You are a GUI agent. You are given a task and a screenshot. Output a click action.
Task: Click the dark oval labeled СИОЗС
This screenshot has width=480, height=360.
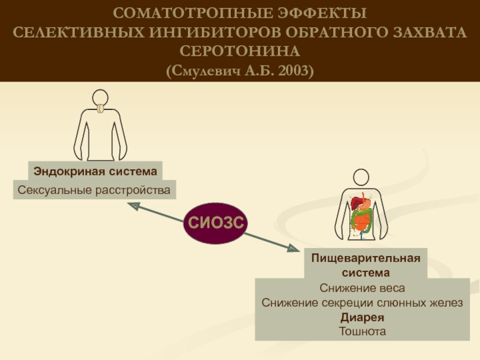pyautogui.click(x=215, y=223)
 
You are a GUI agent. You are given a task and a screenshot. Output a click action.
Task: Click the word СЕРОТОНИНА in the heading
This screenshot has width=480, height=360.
pyautogui.click(x=239, y=51)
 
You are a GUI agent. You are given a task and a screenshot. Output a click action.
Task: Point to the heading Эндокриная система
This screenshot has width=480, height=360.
pyautogui.click(x=95, y=171)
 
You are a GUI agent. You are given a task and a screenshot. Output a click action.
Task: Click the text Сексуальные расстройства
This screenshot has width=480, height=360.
pyautogui.click(x=94, y=190)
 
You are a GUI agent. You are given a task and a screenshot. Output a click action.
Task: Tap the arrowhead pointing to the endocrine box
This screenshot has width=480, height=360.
pyautogui.click(x=134, y=206)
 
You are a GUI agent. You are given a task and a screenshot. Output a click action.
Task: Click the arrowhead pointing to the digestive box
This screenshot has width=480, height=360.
pyautogui.click(x=293, y=248)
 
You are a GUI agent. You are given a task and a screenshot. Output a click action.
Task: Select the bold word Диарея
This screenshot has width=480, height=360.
pyautogui.click(x=362, y=317)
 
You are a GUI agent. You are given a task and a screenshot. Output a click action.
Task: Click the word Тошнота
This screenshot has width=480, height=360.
pyautogui.click(x=362, y=331)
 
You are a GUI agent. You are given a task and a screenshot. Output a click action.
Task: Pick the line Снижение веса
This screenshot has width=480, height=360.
pyautogui.click(x=362, y=288)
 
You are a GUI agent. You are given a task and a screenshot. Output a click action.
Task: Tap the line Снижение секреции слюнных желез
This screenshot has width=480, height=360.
pyautogui.click(x=362, y=302)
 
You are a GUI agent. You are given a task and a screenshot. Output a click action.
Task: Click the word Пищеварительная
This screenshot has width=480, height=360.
pyautogui.click(x=365, y=258)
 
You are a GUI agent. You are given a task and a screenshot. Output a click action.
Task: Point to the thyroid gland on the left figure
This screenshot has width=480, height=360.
pyautogui.click(x=100, y=109)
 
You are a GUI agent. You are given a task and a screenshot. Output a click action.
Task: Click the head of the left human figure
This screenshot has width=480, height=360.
pyautogui.click(x=100, y=98)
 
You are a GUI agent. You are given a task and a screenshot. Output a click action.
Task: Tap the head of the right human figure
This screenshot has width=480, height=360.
pyautogui.click(x=361, y=177)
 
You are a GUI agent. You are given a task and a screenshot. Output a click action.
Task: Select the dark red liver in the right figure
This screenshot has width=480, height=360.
pyautogui.click(x=356, y=203)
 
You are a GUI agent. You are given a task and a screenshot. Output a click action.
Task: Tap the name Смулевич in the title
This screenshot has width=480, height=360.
pyautogui.click(x=206, y=71)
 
